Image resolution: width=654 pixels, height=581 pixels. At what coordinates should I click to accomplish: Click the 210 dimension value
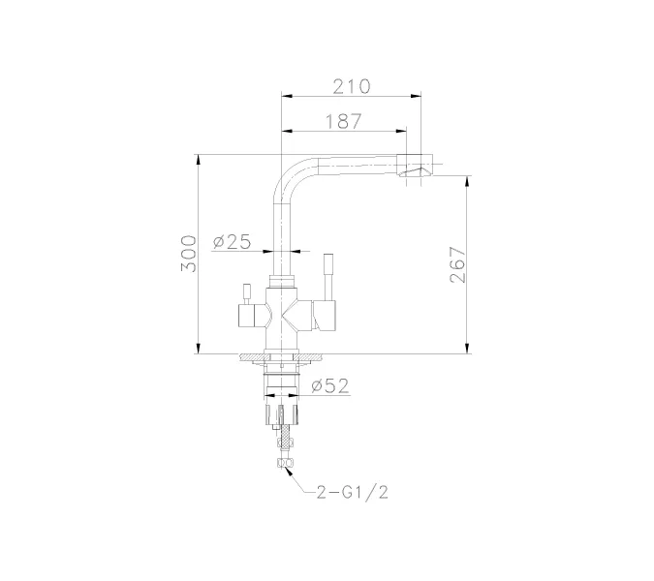point(352,86)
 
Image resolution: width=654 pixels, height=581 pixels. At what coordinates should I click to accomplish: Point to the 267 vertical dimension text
point(458,264)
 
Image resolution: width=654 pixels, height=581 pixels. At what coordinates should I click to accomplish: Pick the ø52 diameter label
point(331,385)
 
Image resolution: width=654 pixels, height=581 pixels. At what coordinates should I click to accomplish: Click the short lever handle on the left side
point(246,292)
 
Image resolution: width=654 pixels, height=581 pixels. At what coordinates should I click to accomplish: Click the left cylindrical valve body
point(250,315)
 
